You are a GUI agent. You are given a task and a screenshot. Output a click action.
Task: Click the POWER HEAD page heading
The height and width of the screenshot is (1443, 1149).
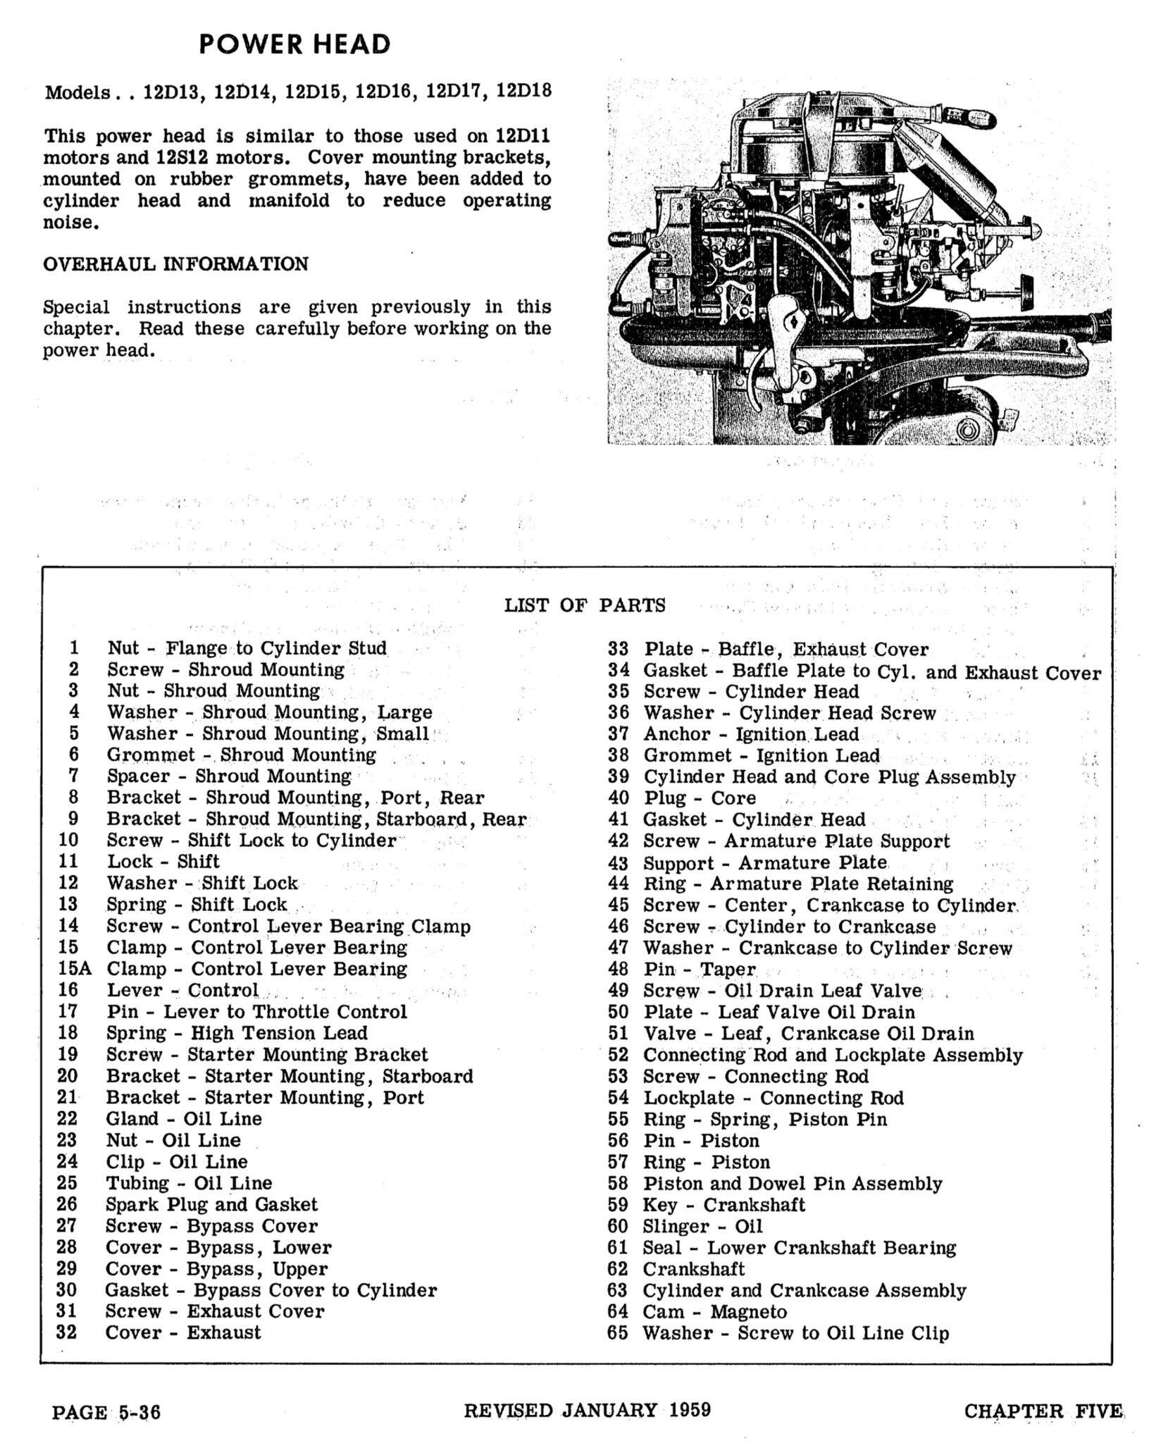pos(294,44)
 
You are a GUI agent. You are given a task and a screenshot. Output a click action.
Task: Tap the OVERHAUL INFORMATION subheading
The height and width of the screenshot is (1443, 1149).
pos(175,264)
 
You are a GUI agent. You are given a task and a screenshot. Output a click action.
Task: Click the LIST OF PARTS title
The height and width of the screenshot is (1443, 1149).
pos(584,605)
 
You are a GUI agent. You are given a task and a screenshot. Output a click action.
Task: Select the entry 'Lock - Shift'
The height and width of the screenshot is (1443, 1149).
pos(163,861)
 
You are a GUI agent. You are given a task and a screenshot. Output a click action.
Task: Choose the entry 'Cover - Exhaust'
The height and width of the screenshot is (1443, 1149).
pos(183,1332)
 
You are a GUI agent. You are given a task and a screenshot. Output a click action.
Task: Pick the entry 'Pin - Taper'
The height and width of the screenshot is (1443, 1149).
pos(699,970)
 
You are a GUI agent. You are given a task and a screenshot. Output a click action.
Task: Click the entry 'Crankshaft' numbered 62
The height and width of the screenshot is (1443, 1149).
pos(693,1268)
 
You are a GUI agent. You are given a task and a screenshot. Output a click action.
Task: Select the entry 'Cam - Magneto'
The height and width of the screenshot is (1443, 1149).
pos(714,1311)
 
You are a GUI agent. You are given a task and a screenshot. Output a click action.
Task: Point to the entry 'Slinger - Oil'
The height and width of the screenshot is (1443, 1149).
pos(702,1226)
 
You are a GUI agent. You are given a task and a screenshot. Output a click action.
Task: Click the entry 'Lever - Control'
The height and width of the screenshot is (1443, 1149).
pos(182,990)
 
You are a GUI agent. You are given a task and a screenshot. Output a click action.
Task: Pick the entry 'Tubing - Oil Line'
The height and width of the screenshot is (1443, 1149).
pos(189,1183)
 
